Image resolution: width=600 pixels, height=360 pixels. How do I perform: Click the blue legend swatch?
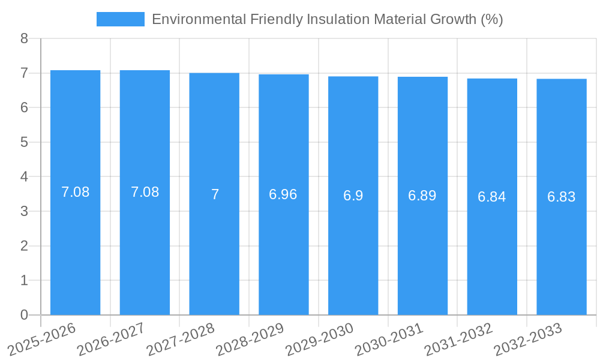pyautogui.click(x=120, y=19)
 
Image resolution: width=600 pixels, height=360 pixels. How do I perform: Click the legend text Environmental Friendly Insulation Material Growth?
pyautogui.click(x=327, y=19)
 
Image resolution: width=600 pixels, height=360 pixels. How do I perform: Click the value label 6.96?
pyautogui.click(x=283, y=194)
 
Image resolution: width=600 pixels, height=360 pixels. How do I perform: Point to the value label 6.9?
pyautogui.click(x=353, y=196)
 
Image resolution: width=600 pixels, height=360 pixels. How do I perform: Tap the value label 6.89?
pyautogui.click(x=422, y=196)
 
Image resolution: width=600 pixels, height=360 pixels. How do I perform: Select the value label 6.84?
pyautogui.click(x=492, y=197)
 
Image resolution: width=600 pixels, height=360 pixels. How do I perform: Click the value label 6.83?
pyautogui.click(x=562, y=197)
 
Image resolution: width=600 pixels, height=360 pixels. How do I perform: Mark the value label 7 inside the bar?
pyautogui.click(x=215, y=194)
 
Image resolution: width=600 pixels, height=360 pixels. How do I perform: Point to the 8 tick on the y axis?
pyautogui.click(x=24, y=38)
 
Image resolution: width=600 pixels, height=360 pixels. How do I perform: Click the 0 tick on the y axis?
pyautogui.click(x=24, y=315)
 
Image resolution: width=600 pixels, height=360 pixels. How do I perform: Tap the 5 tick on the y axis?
pyautogui.click(x=24, y=142)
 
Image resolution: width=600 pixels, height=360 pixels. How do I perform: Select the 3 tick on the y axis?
pyautogui.click(x=24, y=211)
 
